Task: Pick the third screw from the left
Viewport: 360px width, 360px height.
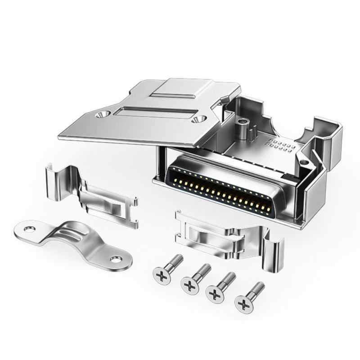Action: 216,294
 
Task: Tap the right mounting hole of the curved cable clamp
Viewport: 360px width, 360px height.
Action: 116,259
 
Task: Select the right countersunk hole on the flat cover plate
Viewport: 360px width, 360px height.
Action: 196,120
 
